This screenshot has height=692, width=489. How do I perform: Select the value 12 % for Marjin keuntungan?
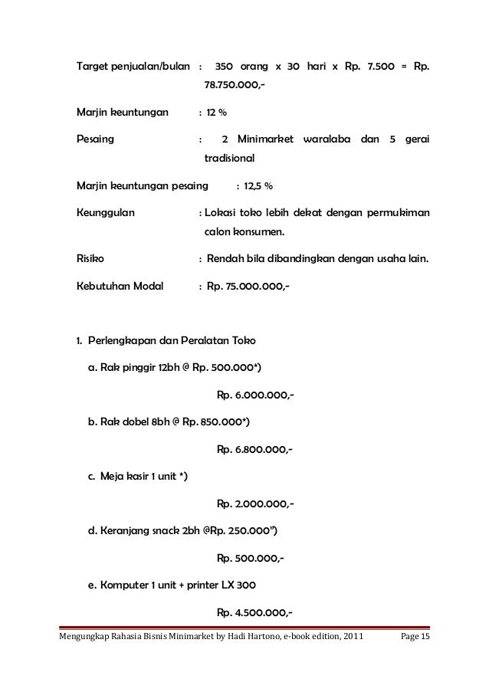coord(215,113)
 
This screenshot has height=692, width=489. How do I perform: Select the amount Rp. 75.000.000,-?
coord(248,287)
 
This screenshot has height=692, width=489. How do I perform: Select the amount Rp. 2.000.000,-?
coord(255,503)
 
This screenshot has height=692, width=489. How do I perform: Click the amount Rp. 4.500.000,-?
coord(255,612)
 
